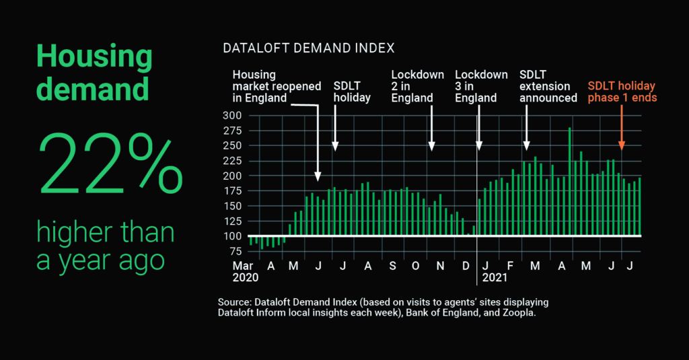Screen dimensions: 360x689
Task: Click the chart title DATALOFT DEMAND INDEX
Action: (x=308, y=48)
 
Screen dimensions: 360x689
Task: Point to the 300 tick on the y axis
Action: (x=232, y=115)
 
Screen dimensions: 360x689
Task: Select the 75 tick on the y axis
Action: (x=235, y=251)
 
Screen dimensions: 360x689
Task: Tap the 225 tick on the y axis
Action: (x=232, y=160)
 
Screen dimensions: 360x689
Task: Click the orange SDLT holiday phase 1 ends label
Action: (x=622, y=92)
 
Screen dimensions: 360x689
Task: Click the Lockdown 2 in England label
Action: (x=418, y=86)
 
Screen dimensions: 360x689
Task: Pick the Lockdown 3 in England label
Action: (x=481, y=86)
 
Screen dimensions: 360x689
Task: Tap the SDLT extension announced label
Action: (x=548, y=86)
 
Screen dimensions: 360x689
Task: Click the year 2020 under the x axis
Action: (x=245, y=277)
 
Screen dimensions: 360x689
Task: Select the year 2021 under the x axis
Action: (x=495, y=277)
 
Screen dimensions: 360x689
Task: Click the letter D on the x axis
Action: (x=466, y=266)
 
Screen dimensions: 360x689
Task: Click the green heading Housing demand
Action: (x=94, y=73)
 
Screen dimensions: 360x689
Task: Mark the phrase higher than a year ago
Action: (x=106, y=246)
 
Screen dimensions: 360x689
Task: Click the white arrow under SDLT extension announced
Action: (x=526, y=128)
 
